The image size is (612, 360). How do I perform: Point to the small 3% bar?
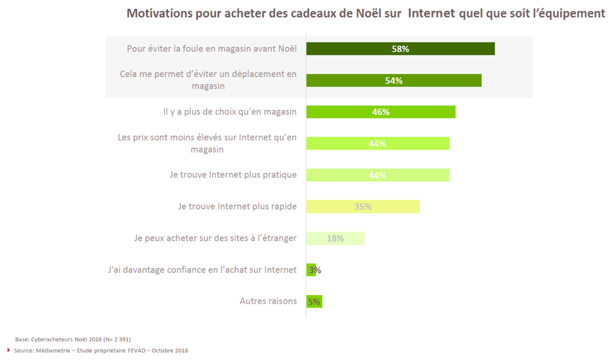[x=310, y=270]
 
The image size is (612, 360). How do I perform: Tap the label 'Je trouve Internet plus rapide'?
[x=237, y=206]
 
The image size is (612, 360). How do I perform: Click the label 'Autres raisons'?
[x=268, y=301]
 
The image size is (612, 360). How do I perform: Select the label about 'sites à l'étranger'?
[x=216, y=238]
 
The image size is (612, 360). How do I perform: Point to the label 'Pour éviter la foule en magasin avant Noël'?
[x=211, y=49]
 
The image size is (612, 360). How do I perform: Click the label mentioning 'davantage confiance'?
[x=202, y=270]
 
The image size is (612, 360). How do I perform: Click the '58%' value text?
[x=401, y=49]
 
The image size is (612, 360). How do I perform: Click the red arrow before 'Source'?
[x=9, y=351]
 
